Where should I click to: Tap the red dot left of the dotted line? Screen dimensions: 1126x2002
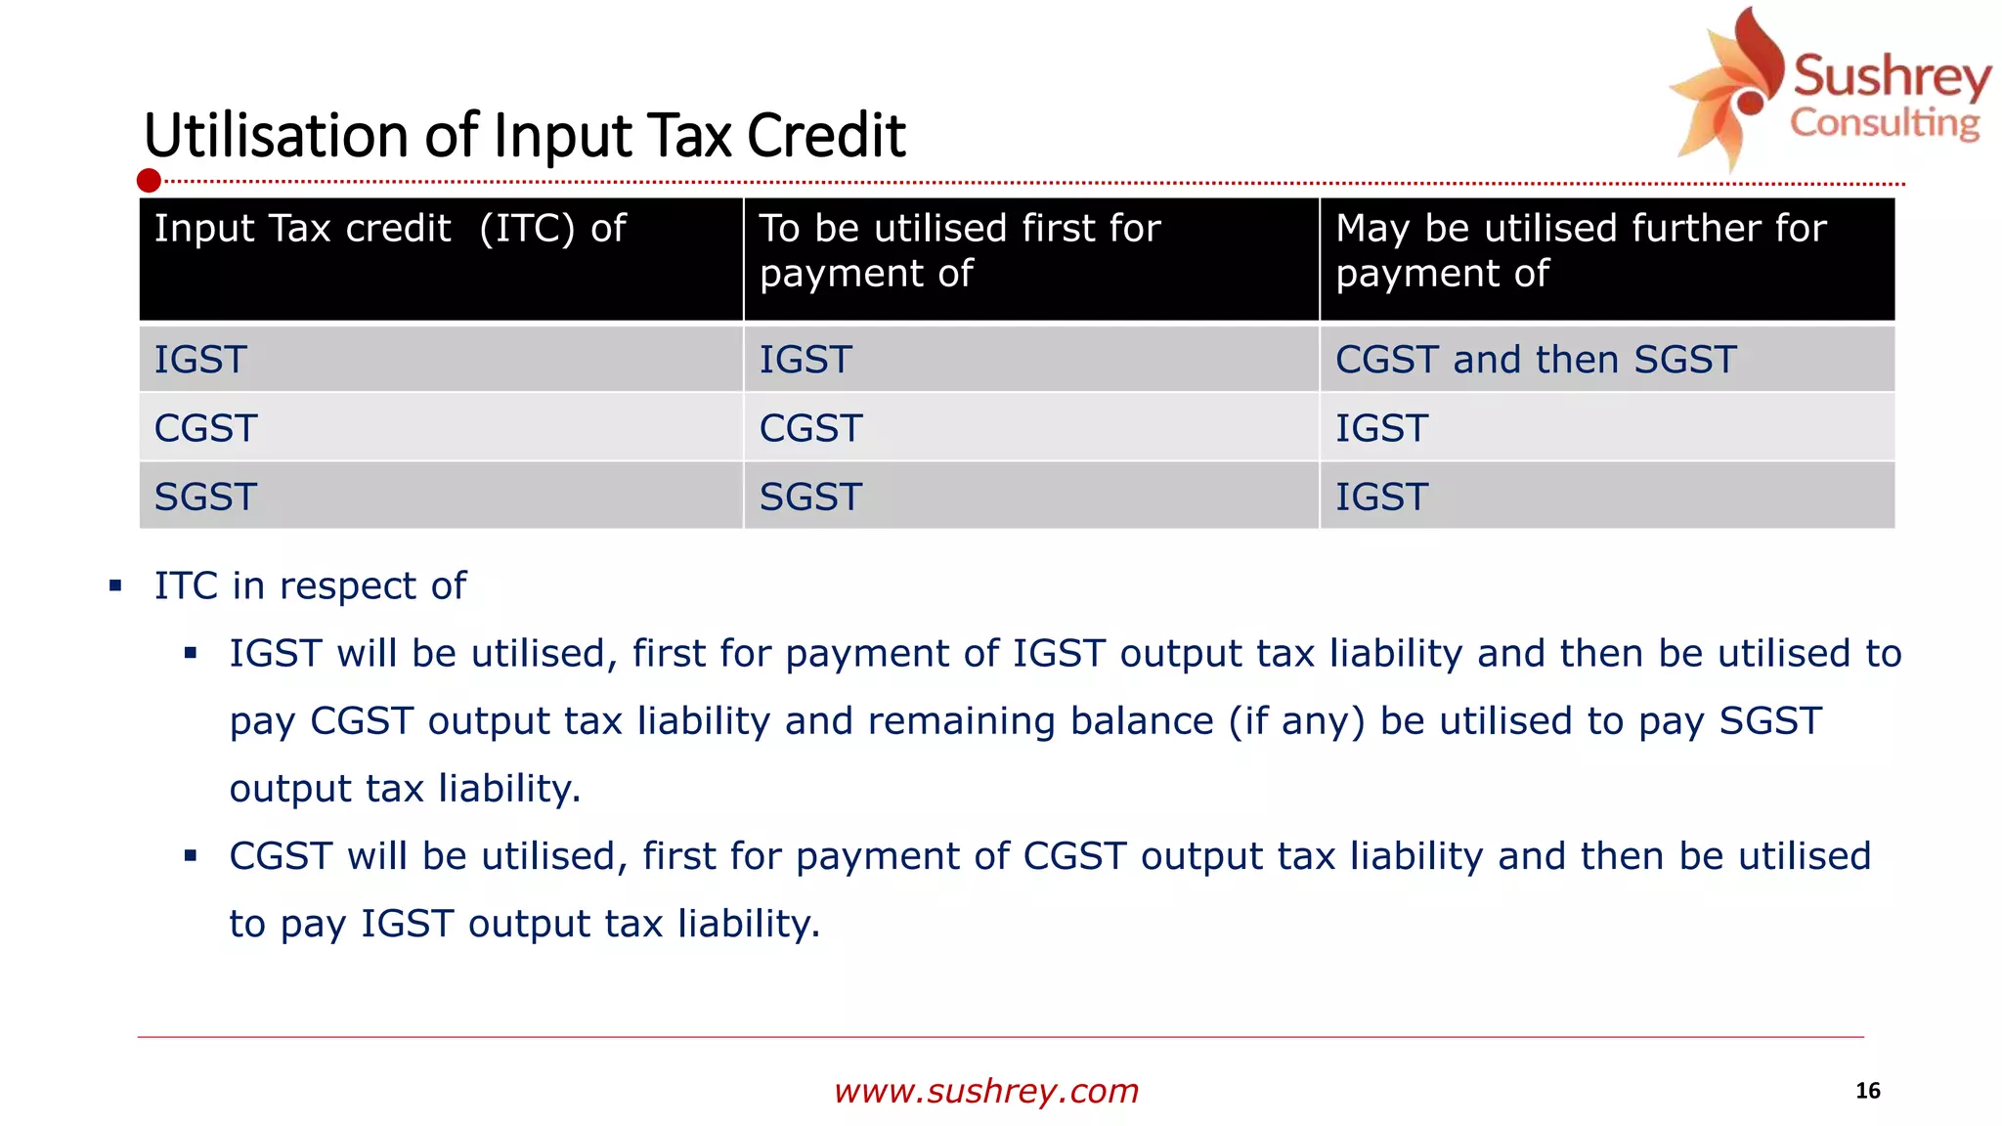[x=149, y=181]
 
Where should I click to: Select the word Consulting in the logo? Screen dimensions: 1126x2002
[x=1884, y=124]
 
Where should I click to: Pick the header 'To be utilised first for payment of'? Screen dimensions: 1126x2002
[x=959, y=250]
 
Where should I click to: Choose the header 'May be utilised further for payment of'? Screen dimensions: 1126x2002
[x=1580, y=250]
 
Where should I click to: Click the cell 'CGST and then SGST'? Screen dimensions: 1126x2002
[x=1535, y=360]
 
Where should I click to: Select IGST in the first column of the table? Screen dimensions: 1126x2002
[x=200, y=360]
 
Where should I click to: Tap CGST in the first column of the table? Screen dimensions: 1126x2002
[x=205, y=428]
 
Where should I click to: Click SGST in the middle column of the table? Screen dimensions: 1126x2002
[x=810, y=497]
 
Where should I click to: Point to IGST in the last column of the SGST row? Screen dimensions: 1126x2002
[x=1381, y=497]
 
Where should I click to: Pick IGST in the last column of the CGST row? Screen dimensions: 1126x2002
[x=1381, y=428]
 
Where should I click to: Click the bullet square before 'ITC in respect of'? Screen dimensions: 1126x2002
[x=115, y=586]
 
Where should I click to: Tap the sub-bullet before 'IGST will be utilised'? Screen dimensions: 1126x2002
[x=191, y=653]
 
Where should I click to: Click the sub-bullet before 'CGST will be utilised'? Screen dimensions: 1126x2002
[x=191, y=856]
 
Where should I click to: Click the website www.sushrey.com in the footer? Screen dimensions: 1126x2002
[x=986, y=1091]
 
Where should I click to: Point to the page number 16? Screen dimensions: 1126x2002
[x=1867, y=1091]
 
